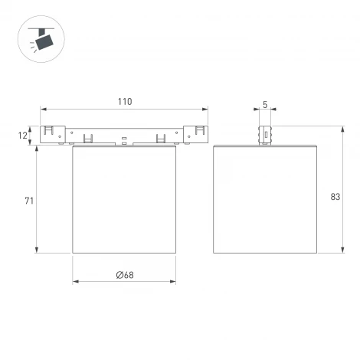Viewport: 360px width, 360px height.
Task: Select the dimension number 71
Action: (x=28, y=201)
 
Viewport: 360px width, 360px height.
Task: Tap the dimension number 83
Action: (x=335, y=197)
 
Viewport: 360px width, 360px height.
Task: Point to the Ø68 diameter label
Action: (x=124, y=275)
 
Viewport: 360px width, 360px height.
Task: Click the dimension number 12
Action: (x=24, y=136)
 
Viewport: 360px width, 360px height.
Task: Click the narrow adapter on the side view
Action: (x=265, y=134)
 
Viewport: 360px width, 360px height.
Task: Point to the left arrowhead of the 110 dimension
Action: (x=43, y=110)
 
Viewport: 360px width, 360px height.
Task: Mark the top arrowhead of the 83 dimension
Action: (x=341, y=128)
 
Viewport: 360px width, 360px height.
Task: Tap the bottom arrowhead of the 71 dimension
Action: (x=36, y=250)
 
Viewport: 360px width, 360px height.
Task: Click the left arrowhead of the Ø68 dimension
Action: (x=75, y=282)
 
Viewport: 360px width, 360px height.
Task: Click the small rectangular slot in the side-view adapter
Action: (x=266, y=135)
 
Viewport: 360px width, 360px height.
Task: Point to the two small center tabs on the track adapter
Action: (x=124, y=140)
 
